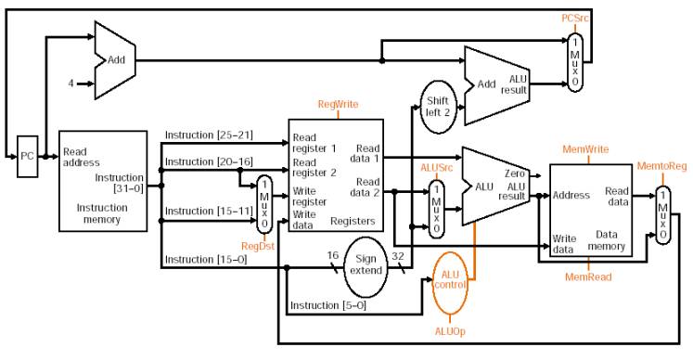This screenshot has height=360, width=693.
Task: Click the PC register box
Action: [x=28, y=157]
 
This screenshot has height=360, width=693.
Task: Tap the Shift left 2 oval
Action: [x=438, y=107]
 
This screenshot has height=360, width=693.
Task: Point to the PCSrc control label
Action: [x=575, y=19]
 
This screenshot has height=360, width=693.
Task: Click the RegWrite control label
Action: [x=338, y=104]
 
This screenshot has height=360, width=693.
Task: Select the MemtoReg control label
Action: [x=662, y=166]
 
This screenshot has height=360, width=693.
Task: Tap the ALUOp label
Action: [x=450, y=331]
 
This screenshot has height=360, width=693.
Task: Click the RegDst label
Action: [x=258, y=246]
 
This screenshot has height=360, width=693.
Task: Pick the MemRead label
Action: [x=588, y=277]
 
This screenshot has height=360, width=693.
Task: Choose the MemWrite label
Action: [x=585, y=149]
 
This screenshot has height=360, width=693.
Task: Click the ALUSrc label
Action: [x=437, y=168]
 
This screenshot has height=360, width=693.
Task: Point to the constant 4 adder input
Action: [x=71, y=84]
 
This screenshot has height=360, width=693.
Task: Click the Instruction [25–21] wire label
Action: [x=209, y=135]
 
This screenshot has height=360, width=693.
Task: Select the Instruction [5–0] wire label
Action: [x=327, y=305]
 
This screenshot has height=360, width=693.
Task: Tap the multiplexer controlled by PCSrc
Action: [x=575, y=63]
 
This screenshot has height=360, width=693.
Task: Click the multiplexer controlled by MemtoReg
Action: [x=663, y=215]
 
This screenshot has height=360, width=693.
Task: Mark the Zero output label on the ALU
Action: [x=515, y=174]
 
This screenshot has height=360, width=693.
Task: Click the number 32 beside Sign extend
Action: [x=398, y=256]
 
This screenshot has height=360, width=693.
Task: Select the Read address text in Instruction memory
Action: [x=82, y=158]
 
